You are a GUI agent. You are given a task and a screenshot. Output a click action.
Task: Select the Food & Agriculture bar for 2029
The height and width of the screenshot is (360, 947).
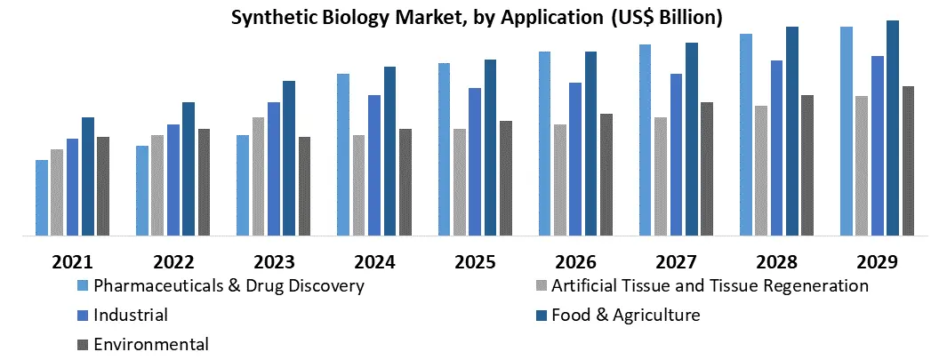[893, 128]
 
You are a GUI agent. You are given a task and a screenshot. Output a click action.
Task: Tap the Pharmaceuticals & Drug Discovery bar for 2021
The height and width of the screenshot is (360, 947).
[42, 197]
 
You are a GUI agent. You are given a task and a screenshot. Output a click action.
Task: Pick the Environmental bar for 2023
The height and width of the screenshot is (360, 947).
[304, 186]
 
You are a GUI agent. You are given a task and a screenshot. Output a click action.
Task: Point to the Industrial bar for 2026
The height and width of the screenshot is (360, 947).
[575, 159]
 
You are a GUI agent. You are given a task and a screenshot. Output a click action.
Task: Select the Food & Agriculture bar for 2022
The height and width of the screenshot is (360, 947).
[189, 169]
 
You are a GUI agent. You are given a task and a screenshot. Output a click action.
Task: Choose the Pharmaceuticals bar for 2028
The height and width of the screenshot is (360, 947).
[746, 134]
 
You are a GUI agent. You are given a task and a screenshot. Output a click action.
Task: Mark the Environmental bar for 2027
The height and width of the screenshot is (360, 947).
[707, 169]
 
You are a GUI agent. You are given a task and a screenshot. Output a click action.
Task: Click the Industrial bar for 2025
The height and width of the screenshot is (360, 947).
[475, 162]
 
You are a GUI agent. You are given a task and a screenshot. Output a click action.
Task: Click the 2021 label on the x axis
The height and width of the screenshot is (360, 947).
[72, 262]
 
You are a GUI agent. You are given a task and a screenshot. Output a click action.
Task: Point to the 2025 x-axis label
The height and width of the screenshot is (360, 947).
[475, 262]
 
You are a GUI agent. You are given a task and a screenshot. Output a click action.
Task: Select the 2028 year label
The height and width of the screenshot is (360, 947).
[776, 262]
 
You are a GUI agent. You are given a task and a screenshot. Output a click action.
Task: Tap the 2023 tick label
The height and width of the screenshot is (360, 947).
[273, 262]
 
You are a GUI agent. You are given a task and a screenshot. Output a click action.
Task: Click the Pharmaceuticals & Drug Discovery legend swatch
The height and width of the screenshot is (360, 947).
[83, 286]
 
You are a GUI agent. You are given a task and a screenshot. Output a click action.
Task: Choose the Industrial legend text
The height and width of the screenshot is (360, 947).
[131, 315]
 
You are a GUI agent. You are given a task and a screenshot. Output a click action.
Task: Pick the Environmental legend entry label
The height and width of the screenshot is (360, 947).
[151, 344]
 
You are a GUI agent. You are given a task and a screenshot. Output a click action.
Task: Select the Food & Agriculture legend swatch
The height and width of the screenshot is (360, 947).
[541, 315]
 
